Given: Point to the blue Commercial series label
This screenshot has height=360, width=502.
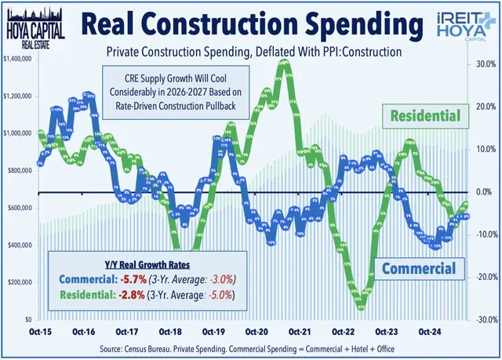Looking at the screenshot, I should point(419,268).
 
